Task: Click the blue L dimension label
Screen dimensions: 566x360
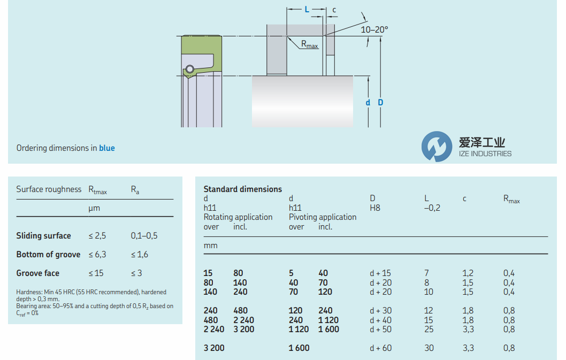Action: (307, 10)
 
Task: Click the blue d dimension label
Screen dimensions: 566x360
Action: (368, 103)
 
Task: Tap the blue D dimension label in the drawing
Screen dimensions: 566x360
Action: (380, 103)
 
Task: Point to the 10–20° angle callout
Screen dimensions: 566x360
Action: (374, 29)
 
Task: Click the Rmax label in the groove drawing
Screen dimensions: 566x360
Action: (310, 45)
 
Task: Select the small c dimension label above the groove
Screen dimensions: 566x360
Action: (334, 10)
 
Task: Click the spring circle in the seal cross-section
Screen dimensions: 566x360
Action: (190, 69)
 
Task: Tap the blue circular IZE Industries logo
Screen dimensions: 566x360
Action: (437, 146)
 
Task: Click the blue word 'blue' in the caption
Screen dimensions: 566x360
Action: (107, 148)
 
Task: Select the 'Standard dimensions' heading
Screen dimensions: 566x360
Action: (242, 189)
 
